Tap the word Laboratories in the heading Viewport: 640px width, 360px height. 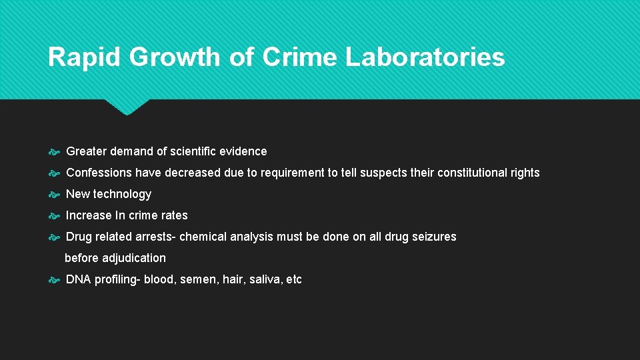point(425,57)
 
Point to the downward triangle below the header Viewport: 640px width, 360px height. point(127,107)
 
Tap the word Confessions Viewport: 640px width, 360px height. point(99,173)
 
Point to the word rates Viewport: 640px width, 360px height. point(174,215)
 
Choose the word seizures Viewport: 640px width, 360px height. point(433,237)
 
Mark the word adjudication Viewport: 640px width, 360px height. point(133,258)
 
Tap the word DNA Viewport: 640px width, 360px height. point(78,279)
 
